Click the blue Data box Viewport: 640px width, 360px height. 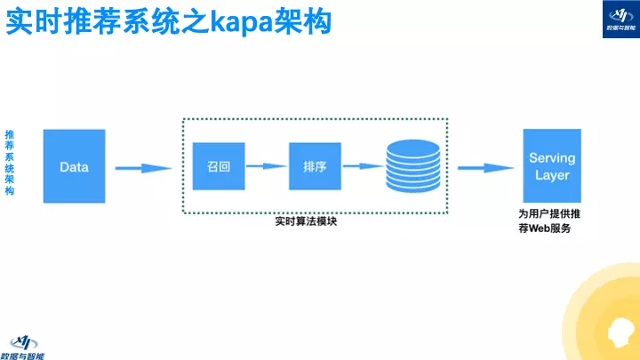pyautogui.click(x=74, y=166)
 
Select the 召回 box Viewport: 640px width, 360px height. pyautogui.click(x=219, y=166)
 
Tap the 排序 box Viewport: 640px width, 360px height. pyautogui.click(x=315, y=166)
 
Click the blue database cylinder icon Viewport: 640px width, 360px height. pyautogui.click(x=412, y=167)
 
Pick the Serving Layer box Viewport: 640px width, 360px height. pyautogui.click(x=552, y=166)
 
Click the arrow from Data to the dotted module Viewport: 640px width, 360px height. pyautogui.click(x=142, y=167)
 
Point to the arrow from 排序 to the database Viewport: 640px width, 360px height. pyautogui.click(x=363, y=166)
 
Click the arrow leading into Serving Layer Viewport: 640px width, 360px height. pyautogui.click(x=484, y=167)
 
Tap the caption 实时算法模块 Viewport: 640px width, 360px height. pyautogui.click(x=306, y=222)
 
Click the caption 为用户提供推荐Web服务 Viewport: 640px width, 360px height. pyautogui.click(x=550, y=220)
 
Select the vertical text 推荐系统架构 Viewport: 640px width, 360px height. pyautogui.click(x=10, y=161)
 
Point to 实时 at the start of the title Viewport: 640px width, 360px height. pyautogui.click(x=28, y=20)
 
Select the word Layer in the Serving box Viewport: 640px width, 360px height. pyautogui.click(x=552, y=175)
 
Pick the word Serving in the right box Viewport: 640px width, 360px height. pyautogui.click(x=552, y=157)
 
